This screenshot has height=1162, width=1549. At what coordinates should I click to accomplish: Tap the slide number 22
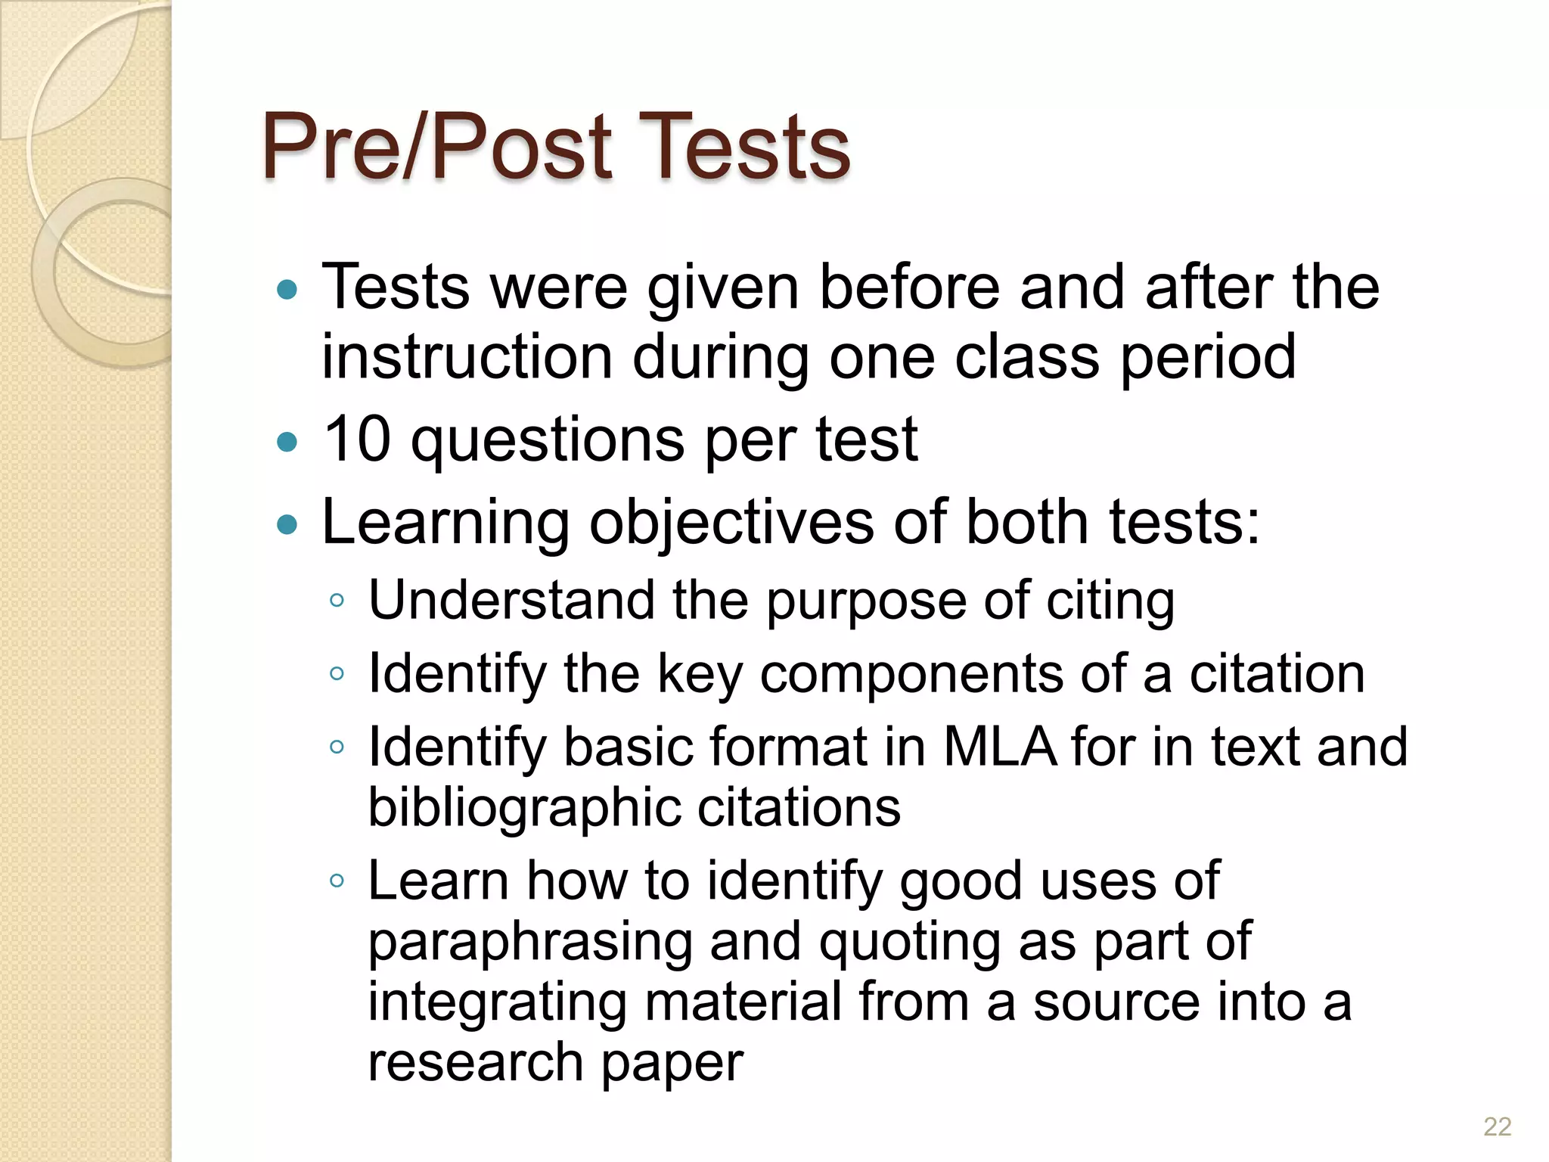click(x=1497, y=1126)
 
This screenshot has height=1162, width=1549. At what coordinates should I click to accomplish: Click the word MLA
click(x=1000, y=747)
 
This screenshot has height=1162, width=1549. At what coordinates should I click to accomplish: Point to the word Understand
click(x=511, y=600)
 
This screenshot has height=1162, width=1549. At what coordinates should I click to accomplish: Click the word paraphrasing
click(x=530, y=943)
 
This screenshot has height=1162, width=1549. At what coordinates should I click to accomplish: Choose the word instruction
click(x=467, y=356)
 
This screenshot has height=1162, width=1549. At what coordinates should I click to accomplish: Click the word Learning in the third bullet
click(x=445, y=524)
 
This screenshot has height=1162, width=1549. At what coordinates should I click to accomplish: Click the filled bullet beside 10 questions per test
click(x=287, y=442)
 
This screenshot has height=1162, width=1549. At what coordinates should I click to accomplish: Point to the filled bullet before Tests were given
click(x=287, y=289)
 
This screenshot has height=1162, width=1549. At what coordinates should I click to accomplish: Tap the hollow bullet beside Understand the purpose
click(x=337, y=601)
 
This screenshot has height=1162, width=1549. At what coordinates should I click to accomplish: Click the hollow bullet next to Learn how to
click(x=337, y=881)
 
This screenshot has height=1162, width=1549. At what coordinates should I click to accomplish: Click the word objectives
click(x=731, y=524)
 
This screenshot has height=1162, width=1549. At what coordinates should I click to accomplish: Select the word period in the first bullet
click(x=1208, y=358)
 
